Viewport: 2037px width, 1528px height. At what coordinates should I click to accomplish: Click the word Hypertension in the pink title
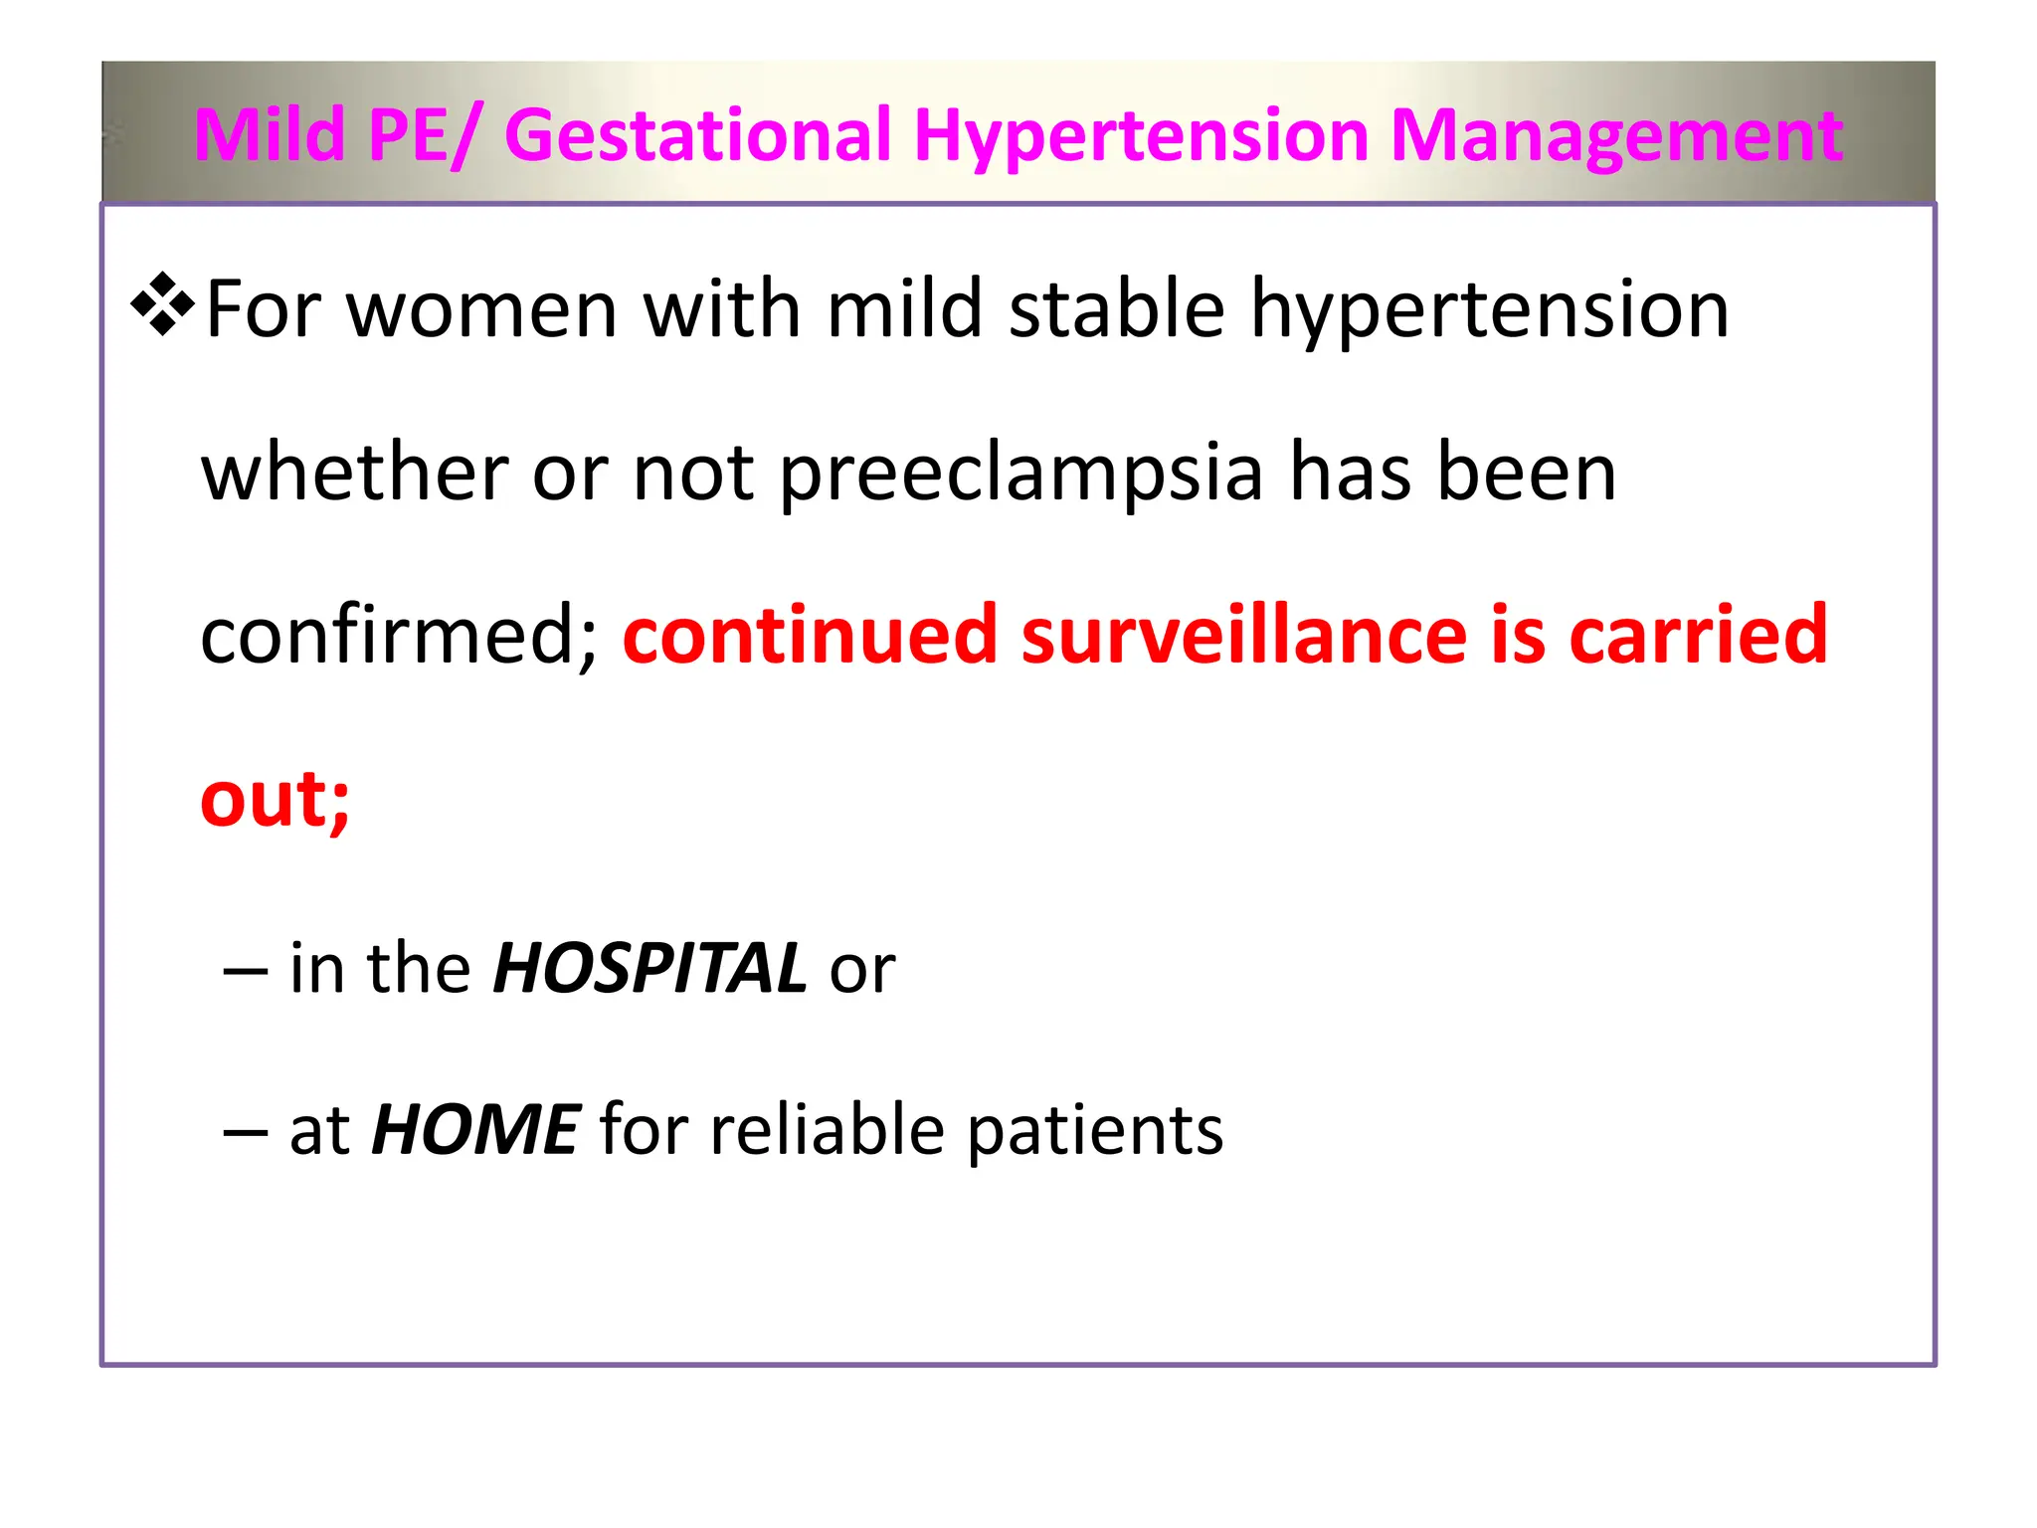(1141, 136)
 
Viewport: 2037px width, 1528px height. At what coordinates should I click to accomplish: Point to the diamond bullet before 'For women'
(162, 303)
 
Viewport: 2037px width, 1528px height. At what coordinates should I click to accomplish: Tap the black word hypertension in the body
(1489, 311)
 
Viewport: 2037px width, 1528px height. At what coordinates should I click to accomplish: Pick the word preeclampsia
(1020, 474)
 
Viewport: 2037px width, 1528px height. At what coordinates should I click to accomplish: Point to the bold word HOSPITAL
(649, 967)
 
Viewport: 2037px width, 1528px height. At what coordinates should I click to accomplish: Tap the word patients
(1094, 1131)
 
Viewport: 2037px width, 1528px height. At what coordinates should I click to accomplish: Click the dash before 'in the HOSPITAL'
(246, 970)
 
